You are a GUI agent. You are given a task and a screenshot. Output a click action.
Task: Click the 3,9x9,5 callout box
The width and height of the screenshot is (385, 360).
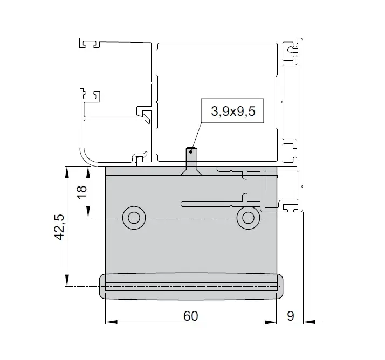pyautogui.click(x=232, y=110)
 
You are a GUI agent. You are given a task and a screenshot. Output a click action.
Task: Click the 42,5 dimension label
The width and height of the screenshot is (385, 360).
pyautogui.click(x=59, y=227)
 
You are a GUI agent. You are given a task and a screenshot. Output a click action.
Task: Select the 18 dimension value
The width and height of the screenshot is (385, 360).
pyautogui.click(x=82, y=192)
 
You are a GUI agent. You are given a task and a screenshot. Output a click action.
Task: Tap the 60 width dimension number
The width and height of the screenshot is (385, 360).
pyautogui.click(x=190, y=316)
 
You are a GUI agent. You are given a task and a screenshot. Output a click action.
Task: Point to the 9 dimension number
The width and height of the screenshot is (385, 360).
pyautogui.click(x=291, y=316)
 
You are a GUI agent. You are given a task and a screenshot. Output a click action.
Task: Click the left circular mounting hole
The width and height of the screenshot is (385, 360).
pyautogui.click(x=134, y=218)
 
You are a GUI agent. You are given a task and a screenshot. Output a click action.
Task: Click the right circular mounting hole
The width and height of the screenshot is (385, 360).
pyautogui.click(x=248, y=218)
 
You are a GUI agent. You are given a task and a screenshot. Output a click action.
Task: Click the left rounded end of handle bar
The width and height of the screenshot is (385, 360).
pyautogui.click(x=102, y=286)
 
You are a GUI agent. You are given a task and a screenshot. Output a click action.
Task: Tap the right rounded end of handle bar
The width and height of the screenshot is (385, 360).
pyautogui.click(x=280, y=286)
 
